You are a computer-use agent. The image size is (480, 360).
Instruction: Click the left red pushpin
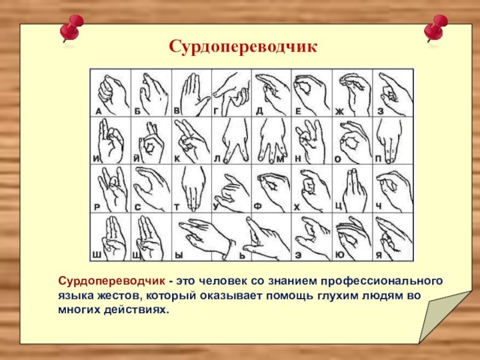click(71, 29)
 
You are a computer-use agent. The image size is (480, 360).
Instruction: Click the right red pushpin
click(436, 28)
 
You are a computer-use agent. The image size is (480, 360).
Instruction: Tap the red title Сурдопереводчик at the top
click(243, 47)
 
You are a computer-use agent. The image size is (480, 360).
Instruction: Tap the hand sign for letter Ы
click(206, 237)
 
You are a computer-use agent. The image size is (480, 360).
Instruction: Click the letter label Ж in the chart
click(339, 112)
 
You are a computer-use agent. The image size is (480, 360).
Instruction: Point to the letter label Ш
click(97, 255)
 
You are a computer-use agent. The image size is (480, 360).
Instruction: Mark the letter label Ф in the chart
click(258, 206)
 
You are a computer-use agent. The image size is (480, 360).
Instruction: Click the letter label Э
click(298, 256)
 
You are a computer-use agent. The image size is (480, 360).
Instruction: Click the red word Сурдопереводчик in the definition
click(112, 281)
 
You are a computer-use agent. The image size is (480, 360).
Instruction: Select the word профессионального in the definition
click(382, 281)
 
